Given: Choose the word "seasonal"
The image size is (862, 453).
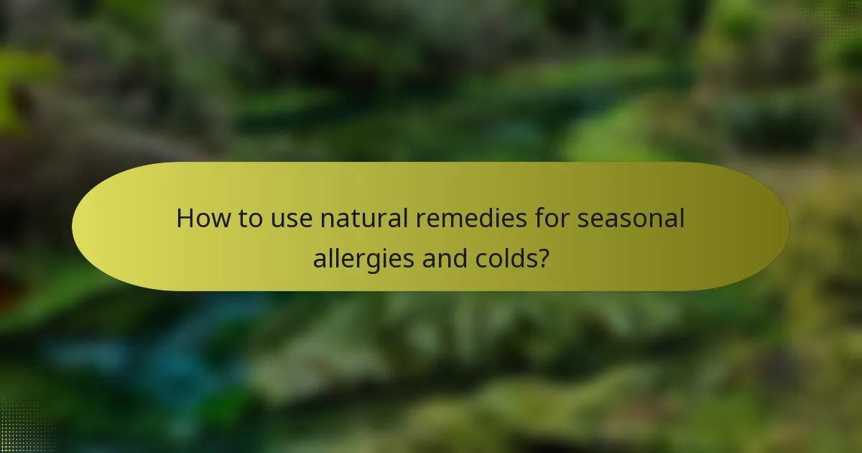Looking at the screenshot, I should point(631,219).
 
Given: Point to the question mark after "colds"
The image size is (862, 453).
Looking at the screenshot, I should point(543,257).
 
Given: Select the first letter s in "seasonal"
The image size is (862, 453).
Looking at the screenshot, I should point(584,219).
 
